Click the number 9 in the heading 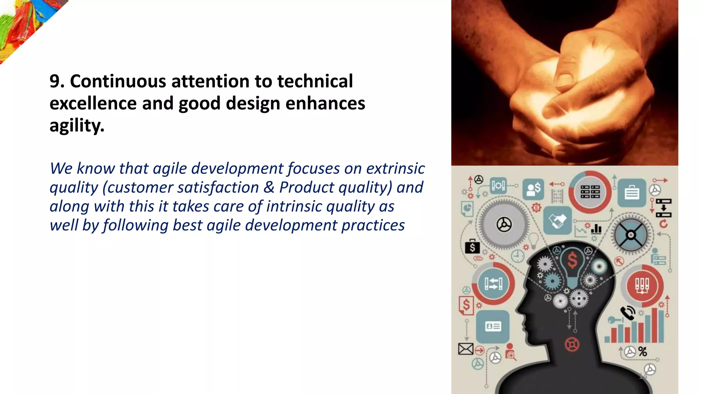click(x=55, y=81)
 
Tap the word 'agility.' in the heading click(x=77, y=126)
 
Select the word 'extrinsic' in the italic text click(x=395, y=168)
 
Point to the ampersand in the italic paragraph click(x=269, y=187)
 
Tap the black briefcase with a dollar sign click(x=472, y=246)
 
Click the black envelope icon click(x=466, y=349)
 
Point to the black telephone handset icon click(x=628, y=313)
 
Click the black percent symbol click(x=642, y=352)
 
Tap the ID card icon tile click(x=493, y=327)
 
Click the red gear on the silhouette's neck click(x=572, y=344)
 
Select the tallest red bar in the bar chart click(x=654, y=325)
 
